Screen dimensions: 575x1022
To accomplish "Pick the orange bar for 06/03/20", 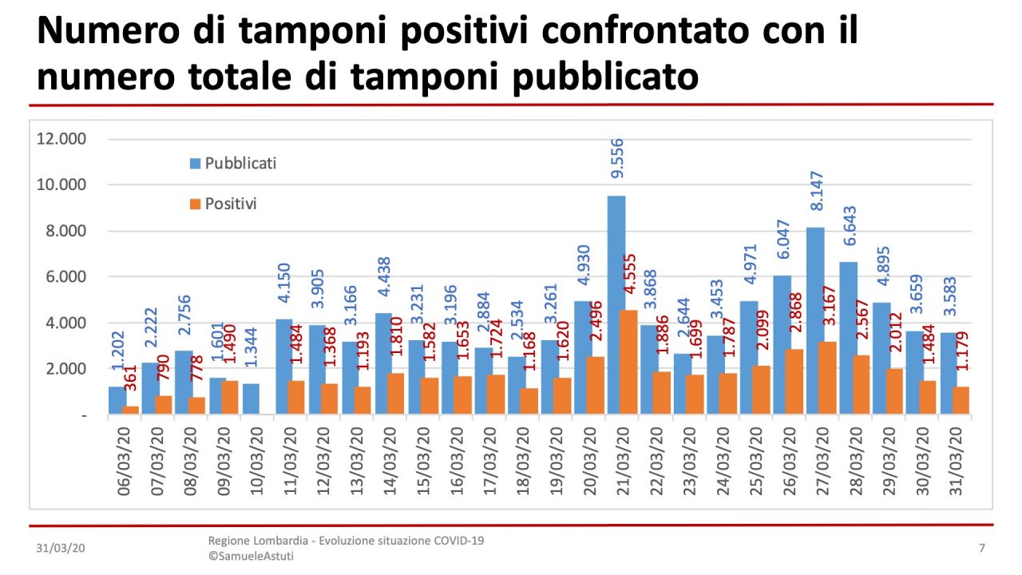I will pos(131,410).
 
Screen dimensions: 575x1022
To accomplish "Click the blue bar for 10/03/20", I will pos(250,399).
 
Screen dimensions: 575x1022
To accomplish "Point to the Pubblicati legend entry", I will pos(233,163).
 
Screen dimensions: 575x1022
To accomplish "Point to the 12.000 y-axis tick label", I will pos(61,139).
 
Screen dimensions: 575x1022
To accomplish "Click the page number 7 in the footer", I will pos(981,549).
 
